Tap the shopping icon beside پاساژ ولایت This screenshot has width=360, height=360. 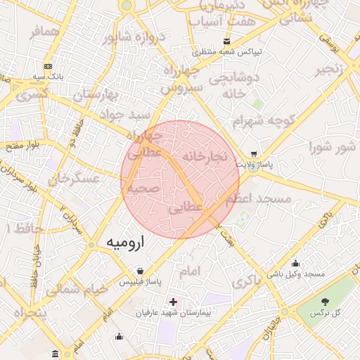point(253,154)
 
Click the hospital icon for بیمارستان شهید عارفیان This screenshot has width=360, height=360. point(173,302)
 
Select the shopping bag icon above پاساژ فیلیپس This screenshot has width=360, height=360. point(141,271)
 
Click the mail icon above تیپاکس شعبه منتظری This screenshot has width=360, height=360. point(225,41)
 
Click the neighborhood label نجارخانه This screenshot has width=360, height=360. point(205,155)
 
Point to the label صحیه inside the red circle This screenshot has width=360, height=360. point(145,188)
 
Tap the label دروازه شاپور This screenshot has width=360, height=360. point(133,39)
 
